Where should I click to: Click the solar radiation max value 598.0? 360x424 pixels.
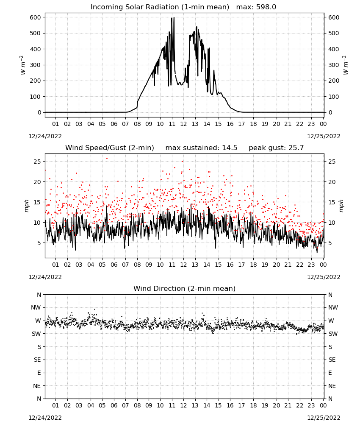266,7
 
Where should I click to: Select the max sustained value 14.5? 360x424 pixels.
230,148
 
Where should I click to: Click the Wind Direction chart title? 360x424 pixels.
185,288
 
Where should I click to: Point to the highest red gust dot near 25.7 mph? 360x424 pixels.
107,159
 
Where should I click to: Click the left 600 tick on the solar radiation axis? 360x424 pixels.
36,17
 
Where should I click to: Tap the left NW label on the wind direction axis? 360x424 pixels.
36,307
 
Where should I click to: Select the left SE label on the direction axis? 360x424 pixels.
37,360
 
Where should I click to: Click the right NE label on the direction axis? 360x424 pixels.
332,386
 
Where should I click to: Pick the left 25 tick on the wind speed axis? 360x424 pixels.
37,162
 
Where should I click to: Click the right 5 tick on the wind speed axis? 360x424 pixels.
330,243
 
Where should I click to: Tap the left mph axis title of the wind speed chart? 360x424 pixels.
26,206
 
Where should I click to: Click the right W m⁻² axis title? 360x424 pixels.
346,65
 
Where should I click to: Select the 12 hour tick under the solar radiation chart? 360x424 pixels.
183,124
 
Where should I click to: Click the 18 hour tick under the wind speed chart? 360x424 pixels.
253,265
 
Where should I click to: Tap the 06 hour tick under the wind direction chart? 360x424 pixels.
114,405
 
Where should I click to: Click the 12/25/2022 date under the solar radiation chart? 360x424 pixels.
324,136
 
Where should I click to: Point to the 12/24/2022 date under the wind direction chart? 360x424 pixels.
45,418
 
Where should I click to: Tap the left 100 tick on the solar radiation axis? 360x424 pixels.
36,97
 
